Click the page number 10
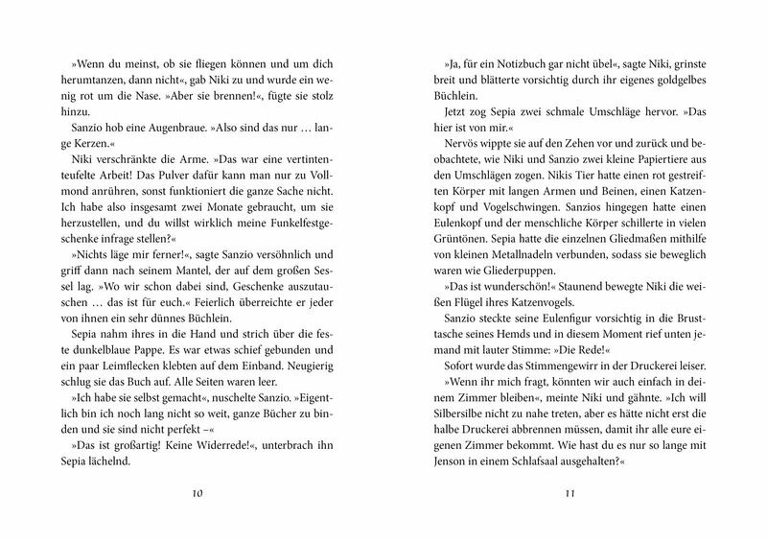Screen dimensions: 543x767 (x=198, y=494)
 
